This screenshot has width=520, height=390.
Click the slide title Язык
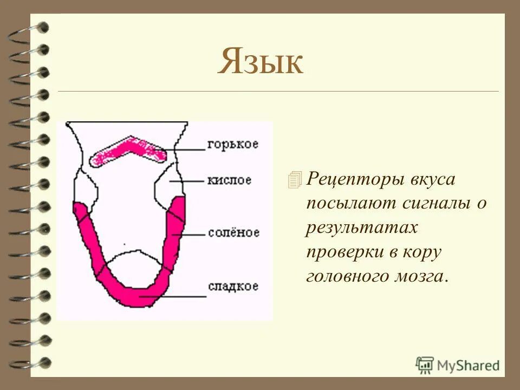(261, 62)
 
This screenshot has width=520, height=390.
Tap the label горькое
(232, 145)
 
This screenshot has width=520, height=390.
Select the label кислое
(229, 180)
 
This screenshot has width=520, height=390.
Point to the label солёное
(233, 232)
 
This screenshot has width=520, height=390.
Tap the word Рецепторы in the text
(355, 179)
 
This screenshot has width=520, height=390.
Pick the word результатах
(361, 228)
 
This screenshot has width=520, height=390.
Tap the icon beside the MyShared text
(425, 365)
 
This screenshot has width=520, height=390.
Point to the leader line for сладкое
(173, 296)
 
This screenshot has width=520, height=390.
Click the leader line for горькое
(184, 149)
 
